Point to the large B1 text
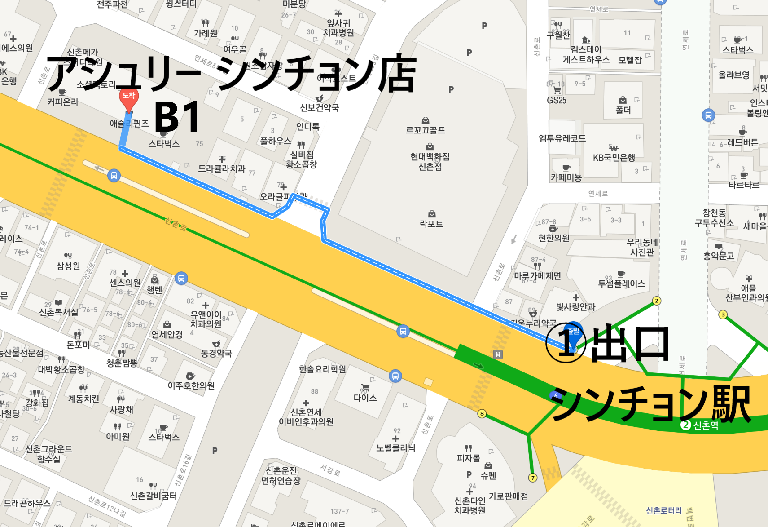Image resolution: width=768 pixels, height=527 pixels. (x=177, y=117)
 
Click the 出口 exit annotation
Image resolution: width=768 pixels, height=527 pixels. (x=630, y=344)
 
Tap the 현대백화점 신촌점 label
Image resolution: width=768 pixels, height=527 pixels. (x=430, y=161)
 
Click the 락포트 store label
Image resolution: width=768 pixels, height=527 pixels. (x=431, y=223)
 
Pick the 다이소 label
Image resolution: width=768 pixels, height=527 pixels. (x=365, y=398)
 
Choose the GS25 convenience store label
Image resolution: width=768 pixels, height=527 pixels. (x=557, y=100)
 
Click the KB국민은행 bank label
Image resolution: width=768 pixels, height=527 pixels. (x=614, y=157)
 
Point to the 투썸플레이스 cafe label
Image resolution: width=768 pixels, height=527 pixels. (x=621, y=283)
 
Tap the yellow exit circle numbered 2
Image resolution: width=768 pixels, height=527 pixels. (x=657, y=301)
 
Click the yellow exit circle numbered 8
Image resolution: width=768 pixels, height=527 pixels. (x=482, y=413)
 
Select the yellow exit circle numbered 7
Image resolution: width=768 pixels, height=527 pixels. (x=533, y=478)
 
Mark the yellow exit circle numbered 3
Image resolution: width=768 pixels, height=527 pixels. (x=723, y=314)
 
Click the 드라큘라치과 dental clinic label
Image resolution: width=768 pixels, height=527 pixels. (x=222, y=168)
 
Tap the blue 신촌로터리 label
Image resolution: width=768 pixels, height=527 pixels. (x=663, y=510)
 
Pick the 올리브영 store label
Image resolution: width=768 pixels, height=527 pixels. (x=733, y=75)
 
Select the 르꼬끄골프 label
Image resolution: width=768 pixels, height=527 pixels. (x=426, y=130)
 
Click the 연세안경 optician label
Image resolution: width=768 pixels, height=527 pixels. (x=167, y=334)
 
